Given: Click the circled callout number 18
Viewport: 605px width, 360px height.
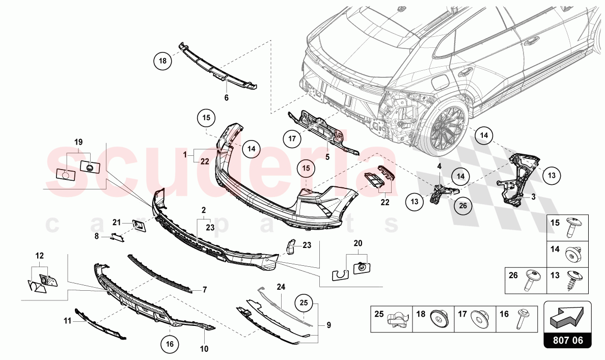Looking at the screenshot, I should coord(162,61).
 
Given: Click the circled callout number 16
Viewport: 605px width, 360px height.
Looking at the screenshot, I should coord(170,344).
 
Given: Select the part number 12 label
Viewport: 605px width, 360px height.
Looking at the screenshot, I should coord(40,255).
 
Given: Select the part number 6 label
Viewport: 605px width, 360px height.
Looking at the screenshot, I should coord(227,97).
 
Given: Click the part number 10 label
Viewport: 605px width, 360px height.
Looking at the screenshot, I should coord(204,349).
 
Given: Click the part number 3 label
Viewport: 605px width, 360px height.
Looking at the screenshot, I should coord(533,196).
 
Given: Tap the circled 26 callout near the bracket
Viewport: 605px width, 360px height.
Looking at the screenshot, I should coord(462,206).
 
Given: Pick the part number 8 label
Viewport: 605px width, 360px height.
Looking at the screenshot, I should coord(97,236).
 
